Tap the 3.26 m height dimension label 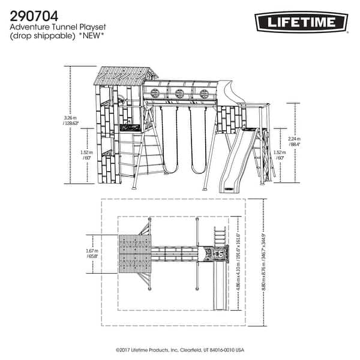click(71, 121)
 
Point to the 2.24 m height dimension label click(295, 142)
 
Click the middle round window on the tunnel click(179, 93)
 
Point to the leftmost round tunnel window click(155, 93)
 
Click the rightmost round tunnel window click(204, 93)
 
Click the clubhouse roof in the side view click(123, 76)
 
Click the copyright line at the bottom click(180, 348)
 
